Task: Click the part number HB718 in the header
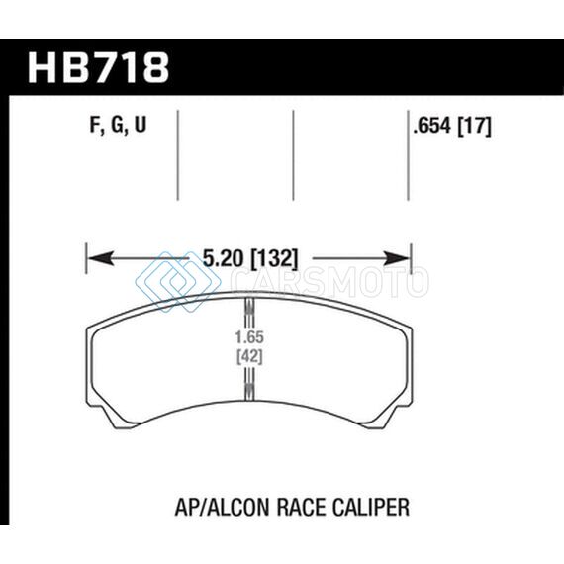coord(99,68)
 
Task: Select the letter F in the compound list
coord(95,126)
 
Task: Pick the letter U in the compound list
coord(141,125)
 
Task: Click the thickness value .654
coord(431,126)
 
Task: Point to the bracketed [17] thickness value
coord(474,127)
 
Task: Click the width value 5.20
coord(224,258)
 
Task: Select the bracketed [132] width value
coord(275,258)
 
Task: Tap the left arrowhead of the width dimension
coord(102,258)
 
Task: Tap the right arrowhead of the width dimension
coord(397,258)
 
